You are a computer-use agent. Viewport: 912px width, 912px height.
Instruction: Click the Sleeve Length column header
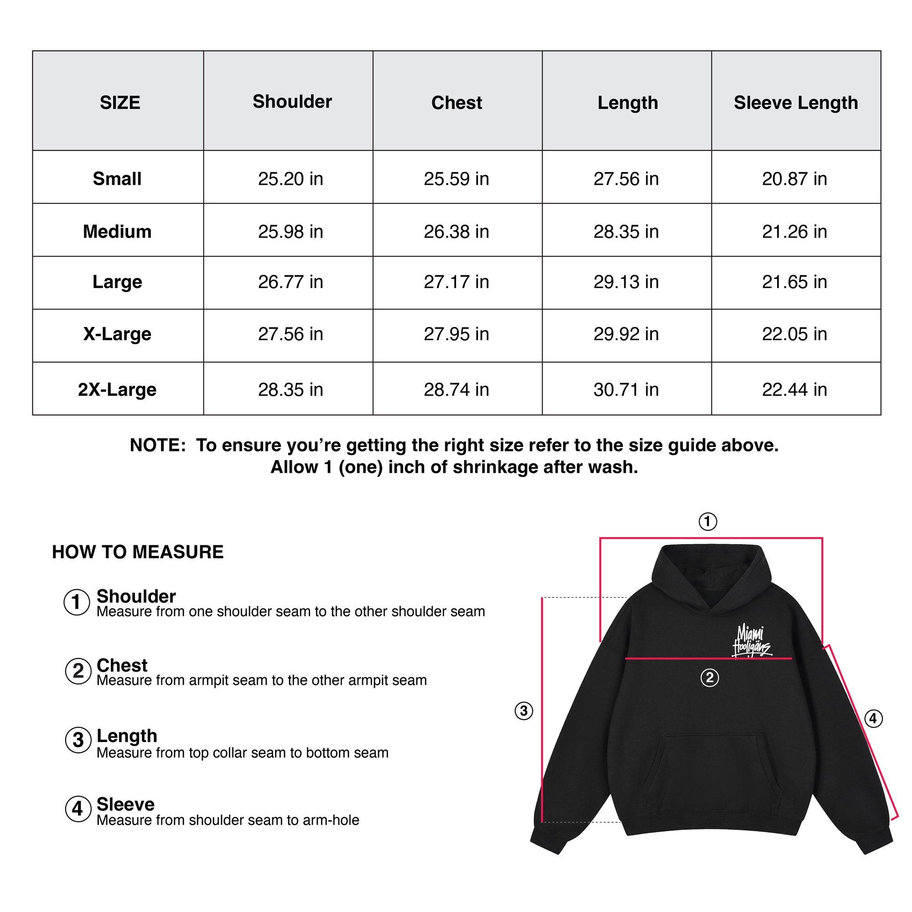(795, 103)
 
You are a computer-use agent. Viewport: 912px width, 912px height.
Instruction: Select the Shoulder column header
(292, 102)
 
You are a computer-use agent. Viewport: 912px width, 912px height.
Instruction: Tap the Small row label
(117, 179)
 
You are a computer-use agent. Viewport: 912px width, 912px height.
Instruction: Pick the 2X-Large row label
(117, 389)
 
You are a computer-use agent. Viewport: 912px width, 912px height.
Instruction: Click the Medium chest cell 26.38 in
(456, 232)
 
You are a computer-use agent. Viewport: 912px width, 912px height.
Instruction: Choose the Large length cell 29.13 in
(626, 282)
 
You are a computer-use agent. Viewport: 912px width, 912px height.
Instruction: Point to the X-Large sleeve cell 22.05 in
(794, 334)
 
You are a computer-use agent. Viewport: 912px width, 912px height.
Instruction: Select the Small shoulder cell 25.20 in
(290, 179)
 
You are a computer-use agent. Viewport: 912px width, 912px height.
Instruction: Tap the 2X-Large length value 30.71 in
(626, 389)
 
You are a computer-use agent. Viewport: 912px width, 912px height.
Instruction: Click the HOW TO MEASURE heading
(137, 552)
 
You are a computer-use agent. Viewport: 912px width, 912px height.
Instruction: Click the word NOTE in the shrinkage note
(157, 445)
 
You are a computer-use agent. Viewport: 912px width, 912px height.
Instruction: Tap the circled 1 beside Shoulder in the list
(77, 602)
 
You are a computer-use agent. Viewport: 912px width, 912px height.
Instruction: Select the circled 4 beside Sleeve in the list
(78, 808)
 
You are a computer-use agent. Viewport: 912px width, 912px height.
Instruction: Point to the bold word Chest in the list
(122, 665)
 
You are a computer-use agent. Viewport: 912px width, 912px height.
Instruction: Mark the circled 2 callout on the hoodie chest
(709, 678)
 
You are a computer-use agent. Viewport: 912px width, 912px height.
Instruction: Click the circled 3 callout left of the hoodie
(523, 710)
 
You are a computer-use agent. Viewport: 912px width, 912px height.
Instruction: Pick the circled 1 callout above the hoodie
(707, 522)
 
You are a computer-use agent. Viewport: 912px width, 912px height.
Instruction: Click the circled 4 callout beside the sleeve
(873, 719)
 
